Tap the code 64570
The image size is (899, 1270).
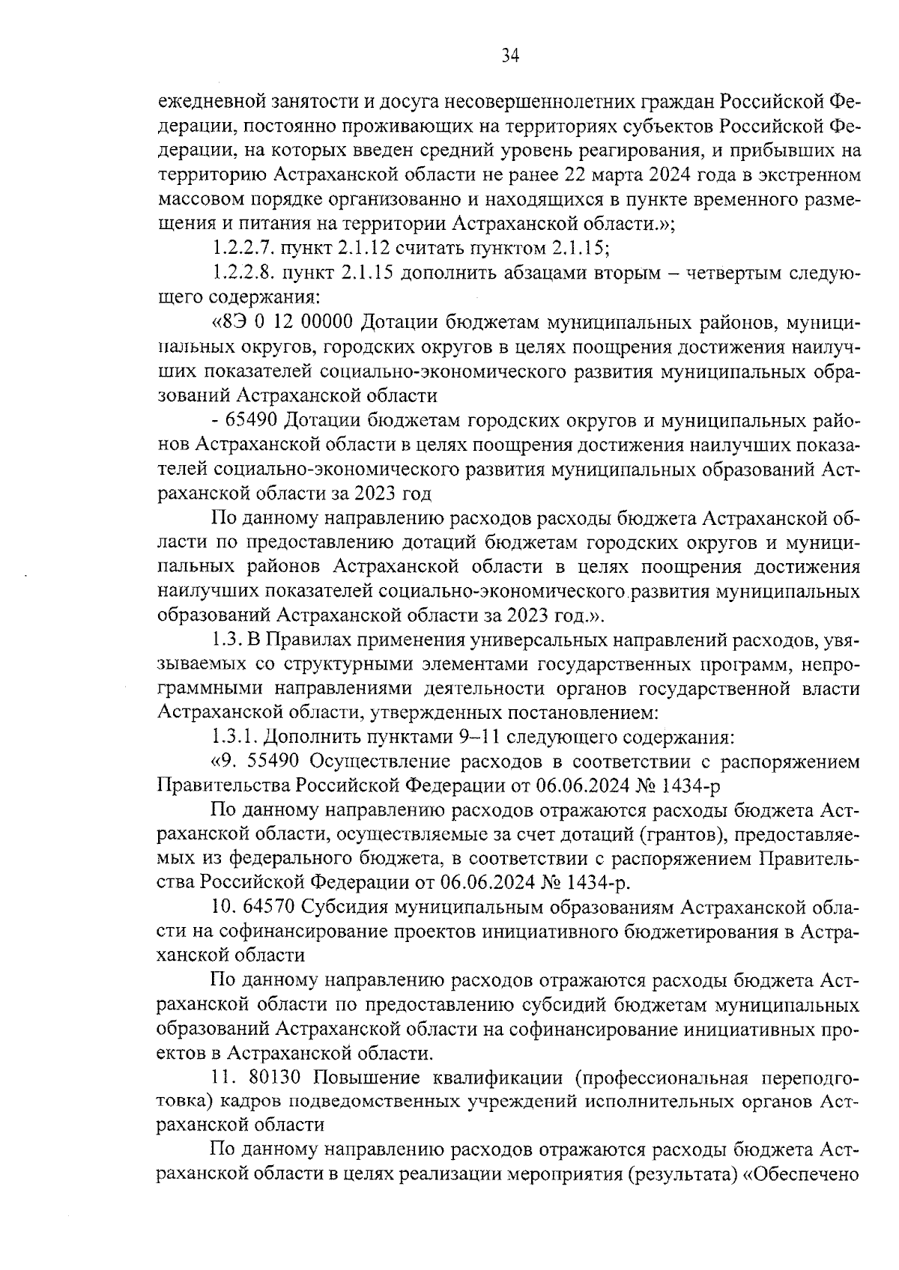(270, 908)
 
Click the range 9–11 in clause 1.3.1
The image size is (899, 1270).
(479, 737)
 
